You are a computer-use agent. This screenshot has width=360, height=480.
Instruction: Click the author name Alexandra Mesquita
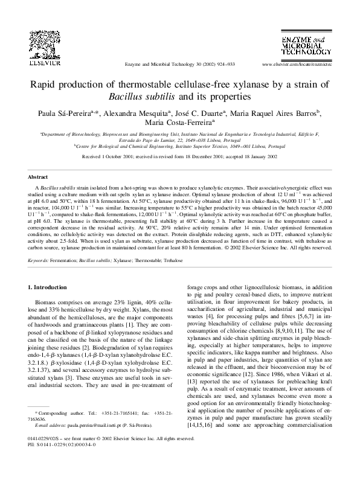pyautogui.click(x=135, y=113)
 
